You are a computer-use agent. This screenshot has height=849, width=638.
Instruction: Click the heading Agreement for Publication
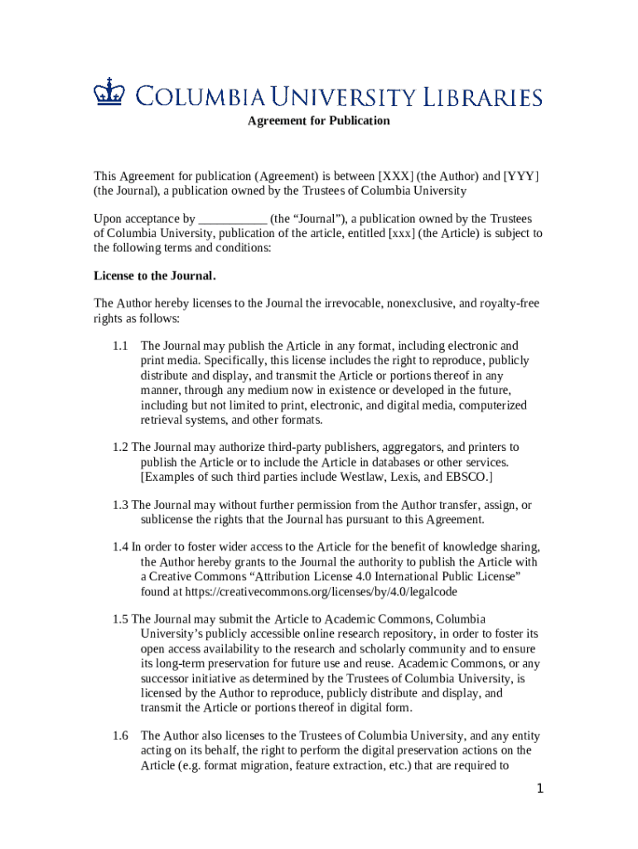pyautogui.click(x=319, y=121)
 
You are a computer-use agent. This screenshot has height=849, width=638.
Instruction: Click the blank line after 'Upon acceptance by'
pyautogui.click(x=233, y=220)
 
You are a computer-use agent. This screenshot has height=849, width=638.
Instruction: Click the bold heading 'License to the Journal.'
pyautogui.click(x=155, y=275)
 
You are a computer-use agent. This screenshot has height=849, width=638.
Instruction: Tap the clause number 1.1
pyautogui.click(x=121, y=346)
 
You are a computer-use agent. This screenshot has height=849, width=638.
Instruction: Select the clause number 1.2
pyautogui.click(x=121, y=448)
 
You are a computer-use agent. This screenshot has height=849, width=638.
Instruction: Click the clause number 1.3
pyautogui.click(x=121, y=505)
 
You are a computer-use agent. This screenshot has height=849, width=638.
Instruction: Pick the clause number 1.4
pyautogui.click(x=121, y=547)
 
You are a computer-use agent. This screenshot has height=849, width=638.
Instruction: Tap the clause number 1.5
pyautogui.click(x=121, y=619)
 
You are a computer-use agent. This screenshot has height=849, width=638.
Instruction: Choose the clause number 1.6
pyautogui.click(x=121, y=736)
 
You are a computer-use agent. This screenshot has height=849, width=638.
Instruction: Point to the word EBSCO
pyautogui.click(x=468, y=478)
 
